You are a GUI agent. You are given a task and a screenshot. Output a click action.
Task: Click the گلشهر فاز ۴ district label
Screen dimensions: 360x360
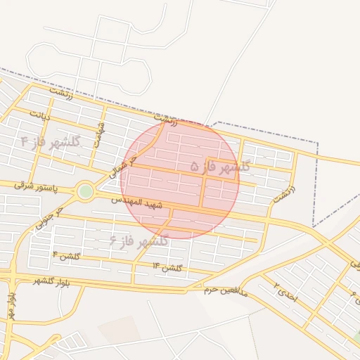(50, 142)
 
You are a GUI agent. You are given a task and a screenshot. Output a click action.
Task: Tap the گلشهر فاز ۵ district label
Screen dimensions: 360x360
(220, 167)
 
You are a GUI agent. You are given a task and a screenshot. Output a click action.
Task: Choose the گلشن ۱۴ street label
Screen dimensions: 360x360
(167, 267)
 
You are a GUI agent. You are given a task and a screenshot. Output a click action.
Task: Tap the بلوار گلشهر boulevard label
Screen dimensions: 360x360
(34, 281)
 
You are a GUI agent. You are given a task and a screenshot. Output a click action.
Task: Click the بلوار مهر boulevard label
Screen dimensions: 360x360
(12, 309)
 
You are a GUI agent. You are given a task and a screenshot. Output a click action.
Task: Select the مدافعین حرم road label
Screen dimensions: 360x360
(226, 289)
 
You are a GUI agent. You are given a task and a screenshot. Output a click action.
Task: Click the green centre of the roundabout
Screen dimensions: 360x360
(85, 191)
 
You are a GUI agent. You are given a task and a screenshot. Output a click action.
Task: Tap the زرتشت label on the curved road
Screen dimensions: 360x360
(284, 194)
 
